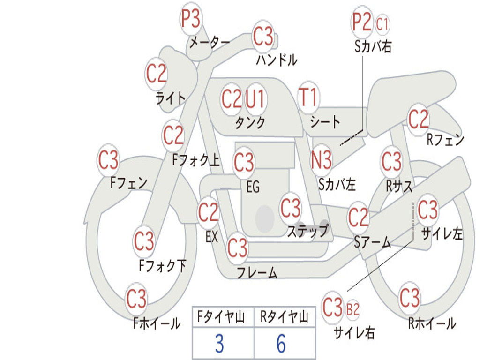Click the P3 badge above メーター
(x=191, y=20)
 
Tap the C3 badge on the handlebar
(x=263, y=36)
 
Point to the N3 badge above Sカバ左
(x=322, y=160)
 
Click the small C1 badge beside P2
(x=382, y=24)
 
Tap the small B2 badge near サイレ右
(x=352, y=309)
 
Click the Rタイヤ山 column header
(x=284, y=318)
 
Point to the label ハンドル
(x=277, y=60)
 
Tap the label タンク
(x=250, y=123)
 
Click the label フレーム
(x=257, y=272)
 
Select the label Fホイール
(x=157, y=323)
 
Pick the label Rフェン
(x=445, y=139)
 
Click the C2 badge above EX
(x=209, y=213)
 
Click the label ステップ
(x=307, y=231)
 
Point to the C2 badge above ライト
(x=156, y=74)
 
